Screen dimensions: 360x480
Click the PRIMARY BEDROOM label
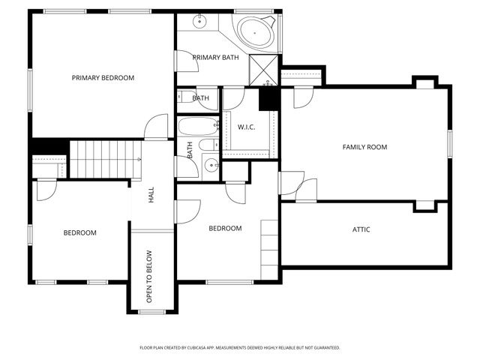[103, 78]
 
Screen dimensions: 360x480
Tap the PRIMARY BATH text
[215, 58]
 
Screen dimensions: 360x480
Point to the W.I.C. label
[247, 127]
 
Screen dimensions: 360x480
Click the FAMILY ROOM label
[364, 147]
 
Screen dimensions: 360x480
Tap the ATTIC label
[361, 229]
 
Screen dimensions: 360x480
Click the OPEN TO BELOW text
[150, 276]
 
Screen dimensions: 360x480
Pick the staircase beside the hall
[105, 159]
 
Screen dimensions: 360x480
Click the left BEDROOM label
[79, 232]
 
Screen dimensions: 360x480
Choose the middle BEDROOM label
[225, 228]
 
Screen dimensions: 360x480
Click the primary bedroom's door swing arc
[157, 126]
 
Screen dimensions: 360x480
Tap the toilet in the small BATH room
[184, 97]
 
